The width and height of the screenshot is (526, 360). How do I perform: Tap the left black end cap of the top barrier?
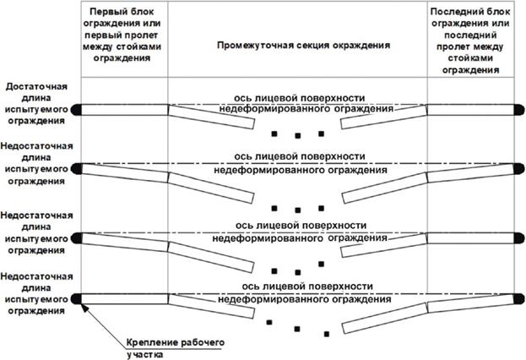pos(76,108)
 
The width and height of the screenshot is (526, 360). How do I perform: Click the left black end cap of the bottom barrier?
pos(76,297)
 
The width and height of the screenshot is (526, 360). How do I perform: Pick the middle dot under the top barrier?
pos(297,137)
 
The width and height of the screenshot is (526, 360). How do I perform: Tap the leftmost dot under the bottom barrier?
pos(268,323)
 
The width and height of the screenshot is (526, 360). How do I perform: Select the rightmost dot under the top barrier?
pos(321,134)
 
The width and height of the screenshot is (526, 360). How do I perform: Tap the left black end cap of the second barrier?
pos(76,166)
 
